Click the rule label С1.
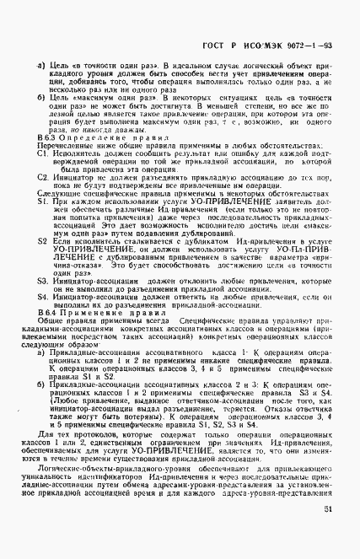coord(42,153)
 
